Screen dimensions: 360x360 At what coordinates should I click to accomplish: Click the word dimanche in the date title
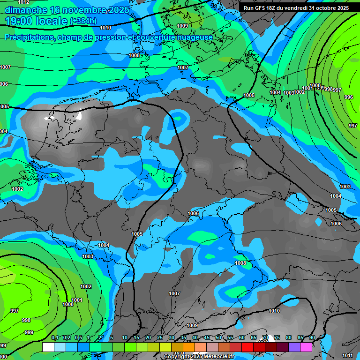26,10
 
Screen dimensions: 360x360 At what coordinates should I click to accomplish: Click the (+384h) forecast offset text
83,21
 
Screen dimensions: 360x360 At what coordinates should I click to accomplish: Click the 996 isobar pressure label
349,97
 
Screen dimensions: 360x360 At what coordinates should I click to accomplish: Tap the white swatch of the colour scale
48,347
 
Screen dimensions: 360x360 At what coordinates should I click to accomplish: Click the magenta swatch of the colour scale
306,347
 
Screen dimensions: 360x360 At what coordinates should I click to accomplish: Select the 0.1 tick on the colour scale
55,338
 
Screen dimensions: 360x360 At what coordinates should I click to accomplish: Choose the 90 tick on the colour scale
312,338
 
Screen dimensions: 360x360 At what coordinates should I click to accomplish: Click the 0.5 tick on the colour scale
78,338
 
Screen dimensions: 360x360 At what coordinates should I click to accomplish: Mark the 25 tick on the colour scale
160,338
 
